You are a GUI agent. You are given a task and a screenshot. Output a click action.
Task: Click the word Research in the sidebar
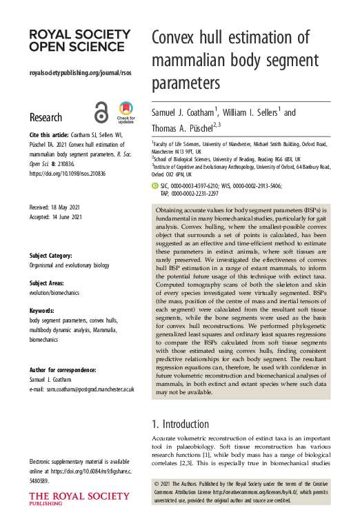[46, 117]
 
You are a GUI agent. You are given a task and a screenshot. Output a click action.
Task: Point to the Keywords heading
[44, 311]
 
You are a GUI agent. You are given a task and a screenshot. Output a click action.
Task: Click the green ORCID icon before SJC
[154, 186]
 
